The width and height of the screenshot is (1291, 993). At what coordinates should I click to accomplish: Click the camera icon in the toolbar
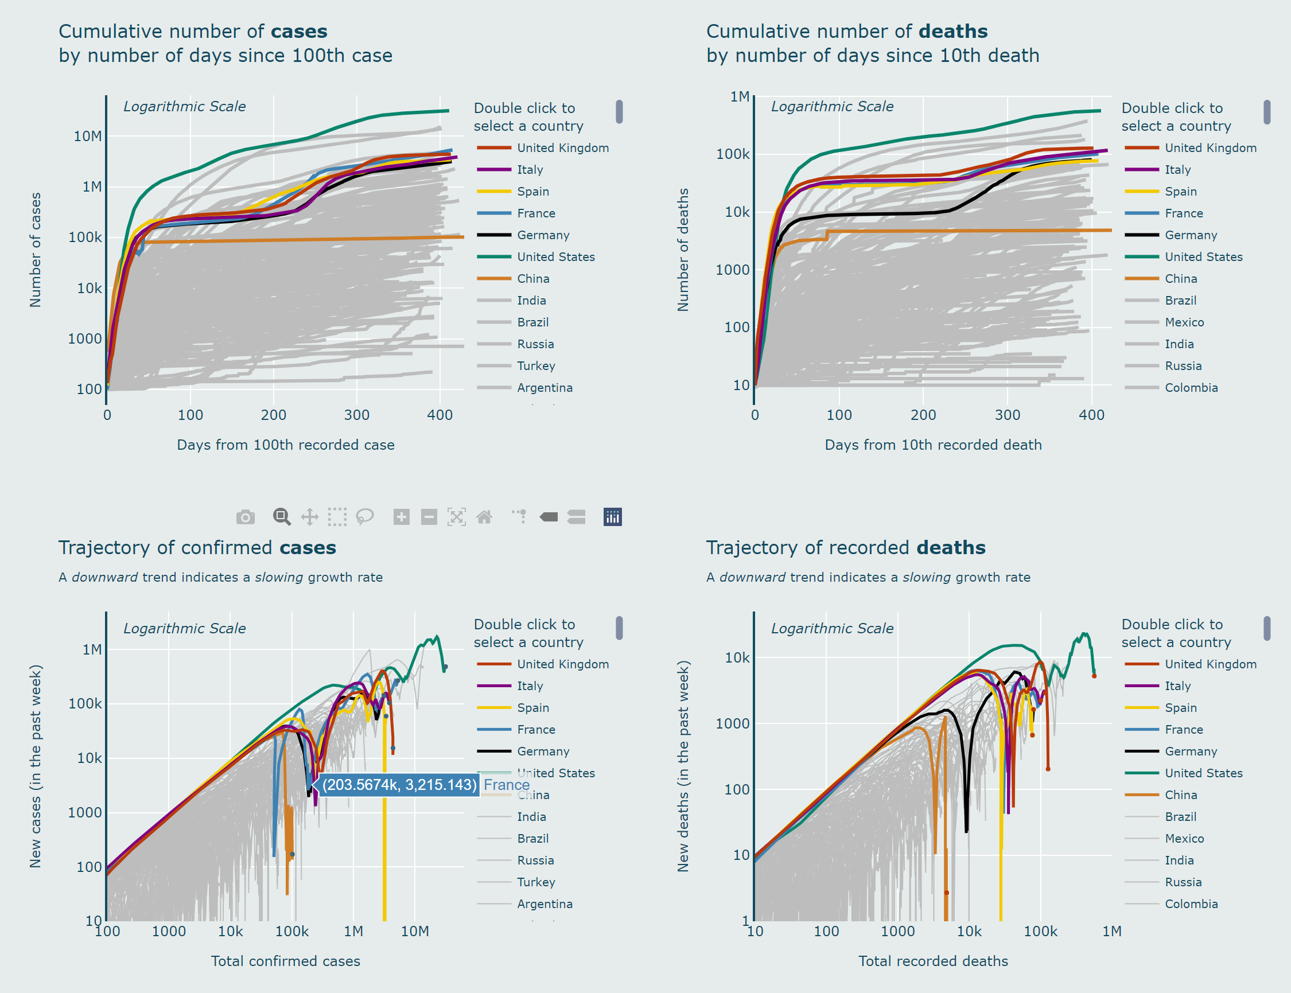point(246,518)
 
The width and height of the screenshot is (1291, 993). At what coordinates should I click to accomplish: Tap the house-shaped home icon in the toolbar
point(484,518)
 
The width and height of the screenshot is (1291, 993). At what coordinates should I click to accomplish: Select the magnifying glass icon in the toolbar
point(281,517)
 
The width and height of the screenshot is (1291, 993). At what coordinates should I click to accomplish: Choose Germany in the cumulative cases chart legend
point(543,235)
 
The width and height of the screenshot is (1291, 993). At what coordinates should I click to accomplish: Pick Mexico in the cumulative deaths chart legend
point(1184,322)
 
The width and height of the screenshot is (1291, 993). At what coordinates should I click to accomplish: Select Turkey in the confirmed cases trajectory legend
point(535,882)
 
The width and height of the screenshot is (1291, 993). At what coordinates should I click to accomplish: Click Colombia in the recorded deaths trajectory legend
point(1191,904)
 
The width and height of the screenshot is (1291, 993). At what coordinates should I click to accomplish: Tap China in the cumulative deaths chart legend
point(1180,279)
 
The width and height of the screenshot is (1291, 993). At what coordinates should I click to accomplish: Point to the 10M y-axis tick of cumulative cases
point(87,137)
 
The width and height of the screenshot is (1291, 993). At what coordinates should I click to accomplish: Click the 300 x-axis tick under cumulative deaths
point(1007,415)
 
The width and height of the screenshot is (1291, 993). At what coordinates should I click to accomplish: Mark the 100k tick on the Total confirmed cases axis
point(292,932)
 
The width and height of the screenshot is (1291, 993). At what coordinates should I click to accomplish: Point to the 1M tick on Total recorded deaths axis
point(1111,932)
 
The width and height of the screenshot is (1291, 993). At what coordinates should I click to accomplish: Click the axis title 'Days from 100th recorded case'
point(286,445)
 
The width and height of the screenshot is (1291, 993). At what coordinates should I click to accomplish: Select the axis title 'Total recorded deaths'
point(933,961)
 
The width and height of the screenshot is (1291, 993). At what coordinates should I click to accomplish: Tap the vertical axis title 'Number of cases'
point(36,250)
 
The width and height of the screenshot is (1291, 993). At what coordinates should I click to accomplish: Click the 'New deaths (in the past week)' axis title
point(683,766)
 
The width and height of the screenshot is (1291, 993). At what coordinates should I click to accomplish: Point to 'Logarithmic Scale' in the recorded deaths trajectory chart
point(832,629)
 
